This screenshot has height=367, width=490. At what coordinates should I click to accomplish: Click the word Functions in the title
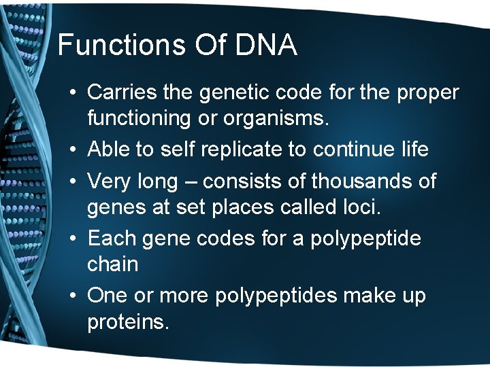[121, 46]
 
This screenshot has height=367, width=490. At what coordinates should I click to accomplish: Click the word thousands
[361, 181]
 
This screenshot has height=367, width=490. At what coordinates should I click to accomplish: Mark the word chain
[112, 264]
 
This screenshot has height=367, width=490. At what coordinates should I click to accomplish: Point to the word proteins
[127, 323]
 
